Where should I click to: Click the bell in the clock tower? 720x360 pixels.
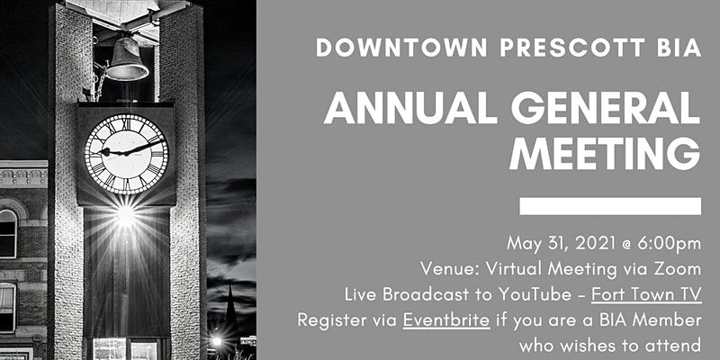126,58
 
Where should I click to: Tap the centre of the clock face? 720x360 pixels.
126,154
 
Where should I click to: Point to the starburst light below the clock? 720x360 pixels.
125,214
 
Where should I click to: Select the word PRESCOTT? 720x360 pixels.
571,48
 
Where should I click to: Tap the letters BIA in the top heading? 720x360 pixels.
679,48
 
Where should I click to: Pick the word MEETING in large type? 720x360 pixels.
605,154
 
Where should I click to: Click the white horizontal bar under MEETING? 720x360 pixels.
610,206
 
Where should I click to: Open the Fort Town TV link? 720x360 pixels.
646,295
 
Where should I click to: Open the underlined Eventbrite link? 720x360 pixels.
446,320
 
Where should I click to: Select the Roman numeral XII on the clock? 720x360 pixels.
126,121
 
